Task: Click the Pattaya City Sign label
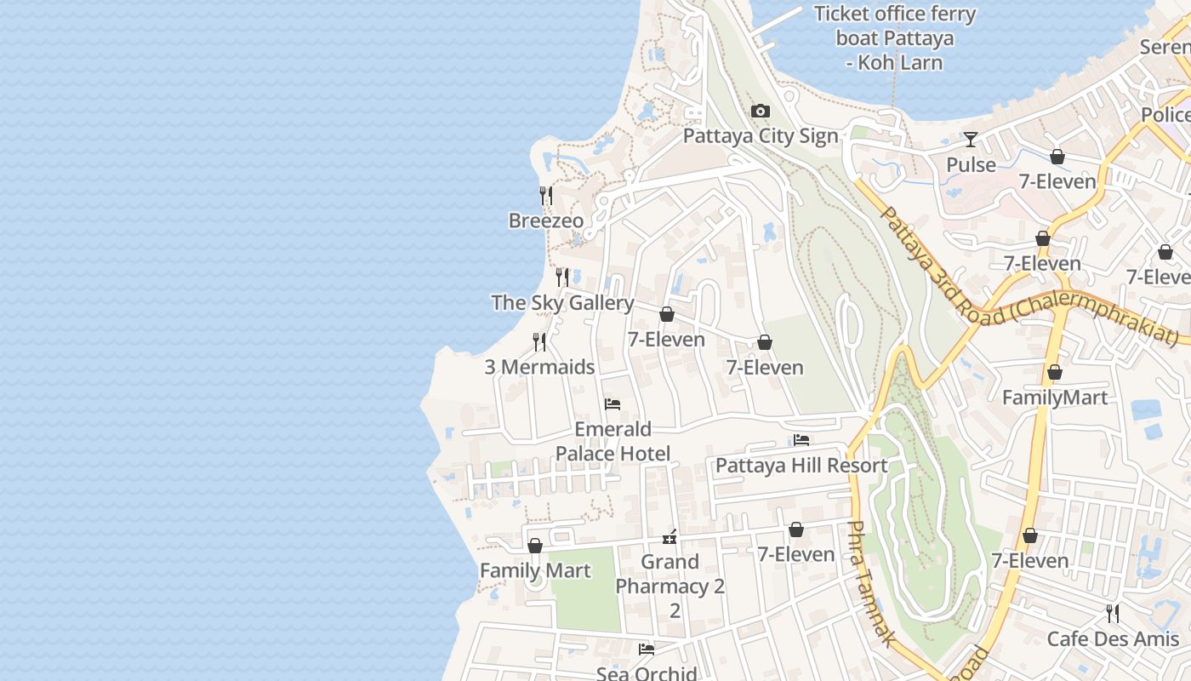[x=761, y=136]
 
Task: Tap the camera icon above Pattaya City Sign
[x=761, y=111]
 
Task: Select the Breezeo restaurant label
[x=546, y=221]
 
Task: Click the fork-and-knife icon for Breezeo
[x=546, y=195]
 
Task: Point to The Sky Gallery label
[x=562, y=303]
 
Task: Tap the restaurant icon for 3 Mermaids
[x=539, y=341]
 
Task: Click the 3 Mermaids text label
[x=539, y=368]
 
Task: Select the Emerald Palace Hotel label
[x=613, y=441]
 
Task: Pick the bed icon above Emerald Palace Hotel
[x=613, y=403]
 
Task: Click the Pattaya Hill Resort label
[x=801, y=466]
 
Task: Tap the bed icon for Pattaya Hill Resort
[x=801, y=440]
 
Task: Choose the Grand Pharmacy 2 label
[x=670, y=575]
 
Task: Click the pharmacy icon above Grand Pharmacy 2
[x=670, y=537]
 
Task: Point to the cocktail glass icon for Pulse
[x=971, y=139]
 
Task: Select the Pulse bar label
[x=971, y=164]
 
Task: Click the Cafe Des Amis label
[x=1113, y=639]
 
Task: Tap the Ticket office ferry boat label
[x=894, y=38]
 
